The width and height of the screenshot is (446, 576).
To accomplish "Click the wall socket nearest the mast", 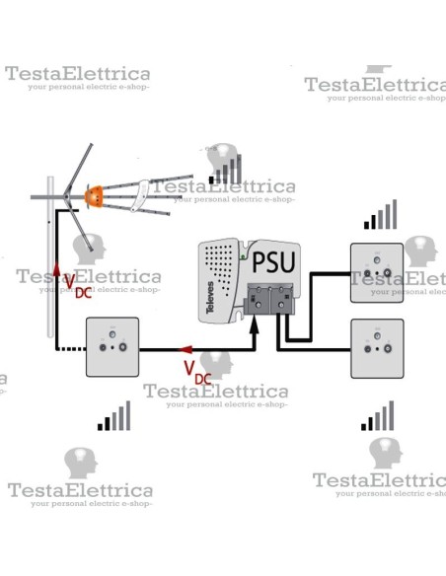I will pyautogui.click(x=115, y=346).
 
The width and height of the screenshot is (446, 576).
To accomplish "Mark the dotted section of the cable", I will pyautogui.click(x=72, y=348).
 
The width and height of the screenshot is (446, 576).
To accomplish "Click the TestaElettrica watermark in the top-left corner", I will pyautogui.click(x=78, y=75).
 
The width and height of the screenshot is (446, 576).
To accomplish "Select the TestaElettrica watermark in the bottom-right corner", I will pyautogui.click(x=379, y=481).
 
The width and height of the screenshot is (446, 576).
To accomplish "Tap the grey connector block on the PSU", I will pyautogui.click(x=270, y=296).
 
